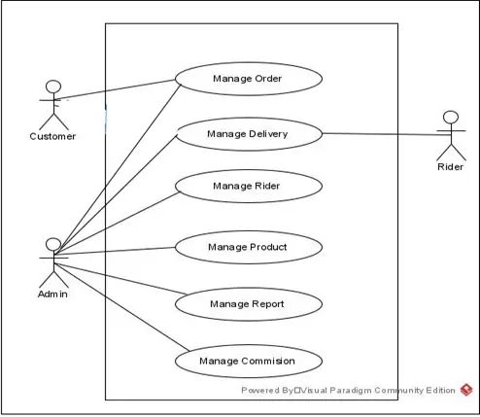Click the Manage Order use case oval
pyautogui.click(x=247, y=79)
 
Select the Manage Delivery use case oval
pyautogui.click(x=247, y=133)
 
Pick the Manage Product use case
pyautogui.click(x=247, y=247)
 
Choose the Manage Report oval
pyautogui.click(x=247, y=304)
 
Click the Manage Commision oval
pyautogui.click(x=247, y=362)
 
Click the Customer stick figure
pyautogui.click(x=52, y=105)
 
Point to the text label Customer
pyautogui.click(x=52, y=136)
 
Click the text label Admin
pyautogui.click(x=52, y=295)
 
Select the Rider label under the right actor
pyautogui.click(x=450, y=167)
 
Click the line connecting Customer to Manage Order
pyautogui.click(x=117, y=89)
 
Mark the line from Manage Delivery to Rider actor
pyautogui.click(x=379, y=134)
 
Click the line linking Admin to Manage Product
pyautogui.click(x=117, y=252)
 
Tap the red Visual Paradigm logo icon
pyautogui.click(x=466, y=390)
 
